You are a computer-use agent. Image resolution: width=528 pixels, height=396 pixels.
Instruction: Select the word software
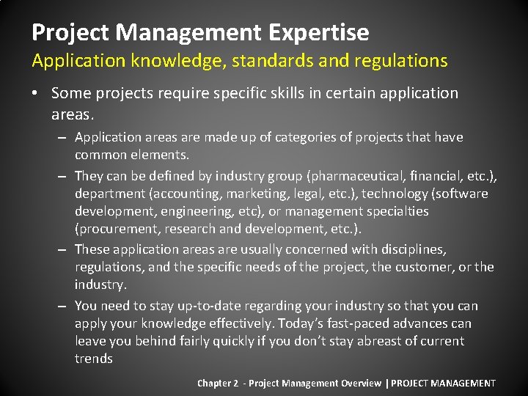click(460, 194)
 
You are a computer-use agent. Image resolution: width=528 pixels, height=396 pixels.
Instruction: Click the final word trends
click(93, 359)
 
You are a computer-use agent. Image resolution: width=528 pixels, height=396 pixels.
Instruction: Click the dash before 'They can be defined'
click(65, 176)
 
